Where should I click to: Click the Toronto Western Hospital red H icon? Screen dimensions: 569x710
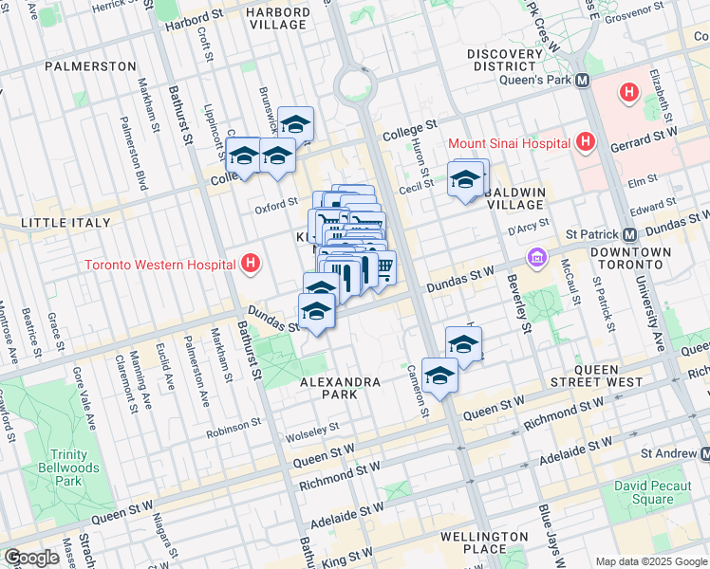251,264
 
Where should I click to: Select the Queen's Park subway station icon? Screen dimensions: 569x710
583,81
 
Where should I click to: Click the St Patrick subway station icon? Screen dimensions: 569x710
629,234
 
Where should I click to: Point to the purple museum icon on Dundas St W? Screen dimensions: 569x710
537,257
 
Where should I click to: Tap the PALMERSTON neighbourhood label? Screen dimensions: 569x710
90,66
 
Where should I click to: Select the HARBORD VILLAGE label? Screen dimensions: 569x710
277,18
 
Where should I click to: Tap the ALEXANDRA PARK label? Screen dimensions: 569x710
340,382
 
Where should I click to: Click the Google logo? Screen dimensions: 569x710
30,558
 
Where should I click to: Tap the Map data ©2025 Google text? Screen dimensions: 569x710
650,560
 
